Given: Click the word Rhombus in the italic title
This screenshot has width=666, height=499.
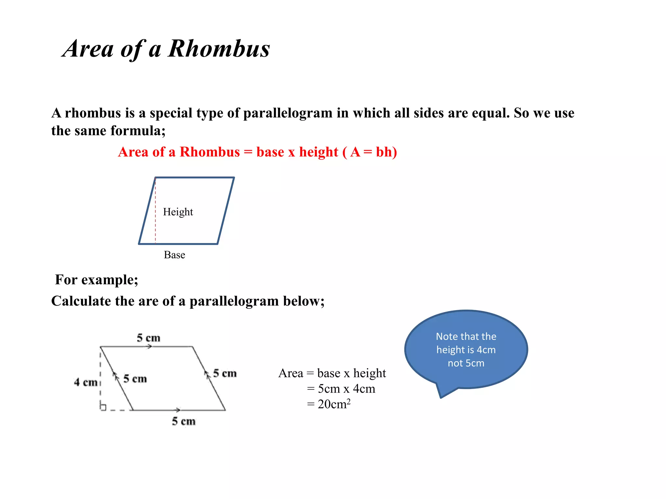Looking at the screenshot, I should pos(219,49).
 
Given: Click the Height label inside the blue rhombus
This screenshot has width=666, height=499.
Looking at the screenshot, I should pos(178,212).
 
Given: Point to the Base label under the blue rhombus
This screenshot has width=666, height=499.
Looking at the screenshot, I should pos(174,255).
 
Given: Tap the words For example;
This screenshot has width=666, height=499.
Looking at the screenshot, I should pos(97,280).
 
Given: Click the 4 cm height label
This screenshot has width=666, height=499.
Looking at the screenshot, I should pos(86,382).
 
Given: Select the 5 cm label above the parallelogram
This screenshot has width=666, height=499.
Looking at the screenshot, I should pos(149,338).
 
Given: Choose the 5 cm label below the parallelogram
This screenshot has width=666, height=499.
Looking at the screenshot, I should pos(184,421).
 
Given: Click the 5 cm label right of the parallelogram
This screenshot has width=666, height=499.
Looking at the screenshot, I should pos(225,373).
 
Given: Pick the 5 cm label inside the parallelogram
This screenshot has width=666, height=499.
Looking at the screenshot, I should pos(135,378).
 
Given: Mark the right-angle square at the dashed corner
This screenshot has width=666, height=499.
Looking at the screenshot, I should pos(103,407).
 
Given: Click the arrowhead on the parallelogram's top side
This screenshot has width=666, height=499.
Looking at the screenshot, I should pos(149,347).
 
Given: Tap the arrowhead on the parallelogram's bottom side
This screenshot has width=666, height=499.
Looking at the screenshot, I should pos(178,410).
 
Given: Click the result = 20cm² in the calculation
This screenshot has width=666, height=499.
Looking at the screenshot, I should pos(329,404).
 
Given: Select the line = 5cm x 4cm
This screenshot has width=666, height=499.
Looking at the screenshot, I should pos(341,389).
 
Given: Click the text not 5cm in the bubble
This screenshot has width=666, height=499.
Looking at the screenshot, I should pos(466,363).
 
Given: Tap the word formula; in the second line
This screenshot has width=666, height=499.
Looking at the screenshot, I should pos(138,131).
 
